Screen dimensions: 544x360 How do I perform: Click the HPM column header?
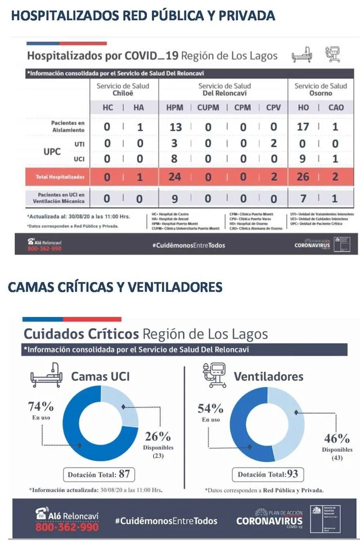click(174, 108)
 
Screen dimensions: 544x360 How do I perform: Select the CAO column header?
click(336, 108)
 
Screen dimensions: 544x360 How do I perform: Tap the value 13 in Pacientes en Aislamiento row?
click(175, 128)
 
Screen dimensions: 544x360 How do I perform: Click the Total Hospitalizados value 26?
click(303, 178)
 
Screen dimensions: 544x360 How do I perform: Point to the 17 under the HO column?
click(303, 127)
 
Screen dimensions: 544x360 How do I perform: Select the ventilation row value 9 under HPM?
click(175, 198)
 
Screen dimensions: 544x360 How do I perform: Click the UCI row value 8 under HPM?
click(175, 159)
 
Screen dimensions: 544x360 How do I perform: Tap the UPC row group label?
click(52, 152)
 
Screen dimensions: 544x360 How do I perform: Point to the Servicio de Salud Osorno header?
click(321, 89)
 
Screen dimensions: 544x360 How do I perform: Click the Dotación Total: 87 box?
click(99, 474)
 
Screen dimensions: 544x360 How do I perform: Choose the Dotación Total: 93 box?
click(268, 474)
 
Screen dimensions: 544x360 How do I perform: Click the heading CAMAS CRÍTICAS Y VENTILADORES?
click(115, 287)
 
